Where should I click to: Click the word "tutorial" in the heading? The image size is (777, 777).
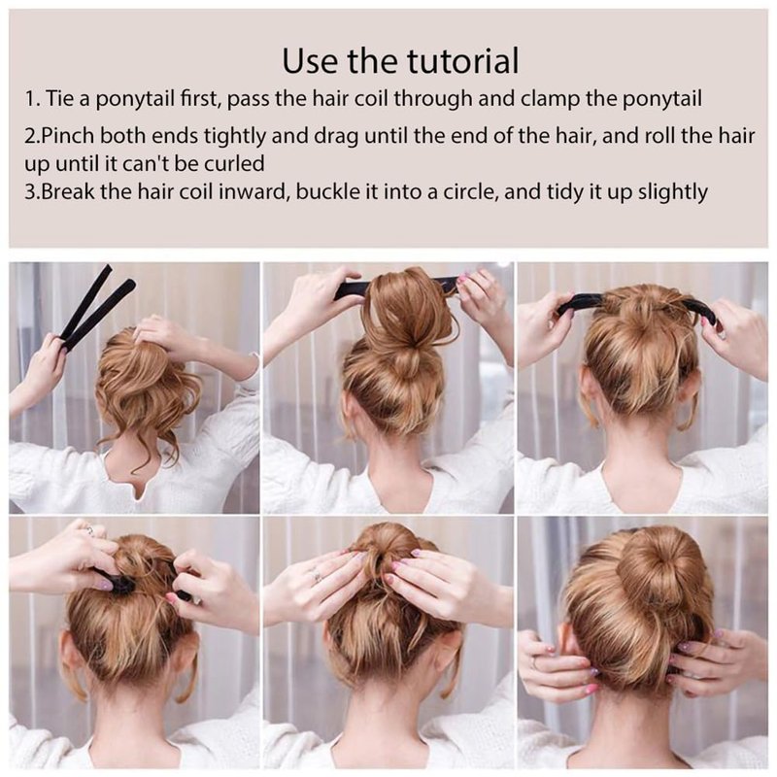[463, 60]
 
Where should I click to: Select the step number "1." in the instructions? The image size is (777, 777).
[32, 99]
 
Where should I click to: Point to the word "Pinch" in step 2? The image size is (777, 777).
[67, 135]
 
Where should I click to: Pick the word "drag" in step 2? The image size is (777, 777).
[340, 137]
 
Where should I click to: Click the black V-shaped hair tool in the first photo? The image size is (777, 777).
[96, 306]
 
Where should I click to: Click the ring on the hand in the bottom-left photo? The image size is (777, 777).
[88, 530]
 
